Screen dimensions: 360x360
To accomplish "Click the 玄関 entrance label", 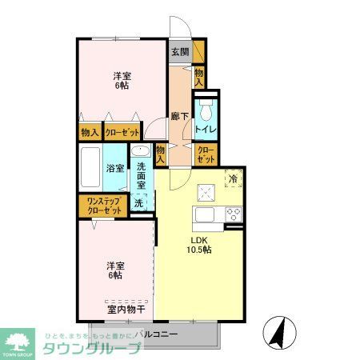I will pos(180,53).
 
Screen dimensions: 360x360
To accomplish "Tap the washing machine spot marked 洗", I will pos(138,203).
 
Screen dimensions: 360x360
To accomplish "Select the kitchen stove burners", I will pos(234,214).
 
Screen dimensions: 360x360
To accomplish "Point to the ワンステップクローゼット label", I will pos(100,206).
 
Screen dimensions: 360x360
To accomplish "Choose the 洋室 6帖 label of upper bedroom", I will pos(122,82).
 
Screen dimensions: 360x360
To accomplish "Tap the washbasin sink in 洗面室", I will pos(139,152).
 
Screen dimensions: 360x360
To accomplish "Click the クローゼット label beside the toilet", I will pos(206,154).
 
